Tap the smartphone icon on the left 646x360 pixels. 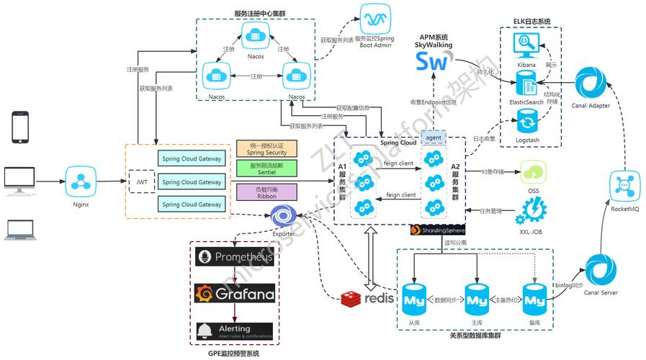coord(22,127)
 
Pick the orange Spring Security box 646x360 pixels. coord(266,149)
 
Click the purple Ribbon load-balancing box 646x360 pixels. coord(266,192)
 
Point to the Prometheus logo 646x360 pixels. coord(233,257)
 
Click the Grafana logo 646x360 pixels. coord(233,294)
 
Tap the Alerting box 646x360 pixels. coord(233,331)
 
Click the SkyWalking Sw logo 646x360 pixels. coord(431,62)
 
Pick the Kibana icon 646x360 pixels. coord(526,45)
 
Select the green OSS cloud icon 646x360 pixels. coord(534,174)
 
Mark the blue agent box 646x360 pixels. coord(434,137)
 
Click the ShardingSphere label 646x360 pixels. coord(437,230)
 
